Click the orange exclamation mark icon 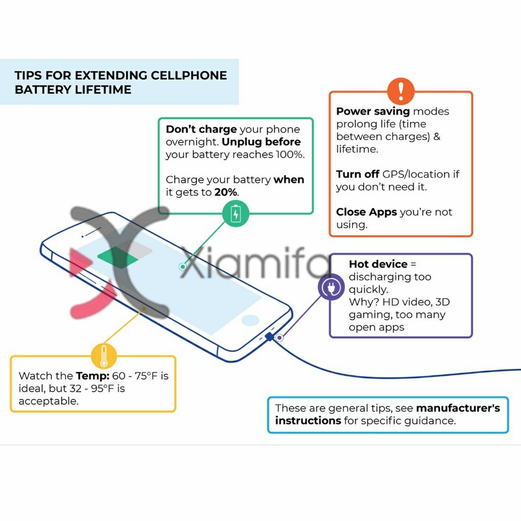click(401, 91)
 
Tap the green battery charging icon click(236, 214)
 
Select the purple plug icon click(331, 287)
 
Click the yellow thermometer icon click(104, 356)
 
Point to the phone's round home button click(250, 321)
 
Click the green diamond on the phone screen click(118, 257)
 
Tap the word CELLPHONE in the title click(189, 75)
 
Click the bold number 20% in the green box click(226, 192)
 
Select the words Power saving click(373, 111)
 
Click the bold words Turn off click(358, 174)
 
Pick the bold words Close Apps click(366, 212)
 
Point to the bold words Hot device click(378, 264)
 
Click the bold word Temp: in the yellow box click(93, 376)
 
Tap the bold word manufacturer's click(458, 408)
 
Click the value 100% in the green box click(290, 155)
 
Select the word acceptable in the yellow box click(48, 401)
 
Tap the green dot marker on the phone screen click(183, 267)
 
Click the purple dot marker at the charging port click(279, 338)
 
